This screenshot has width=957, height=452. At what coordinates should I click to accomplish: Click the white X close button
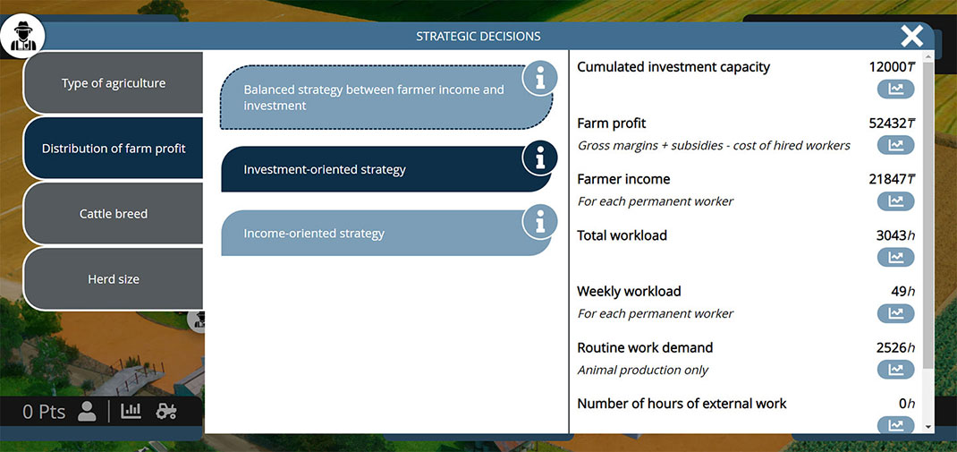click(912, 36)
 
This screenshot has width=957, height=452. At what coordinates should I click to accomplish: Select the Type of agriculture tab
click(114, 83)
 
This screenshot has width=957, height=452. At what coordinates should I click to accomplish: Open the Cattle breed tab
click(114, 214)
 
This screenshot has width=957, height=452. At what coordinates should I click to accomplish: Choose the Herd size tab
click(114, 279)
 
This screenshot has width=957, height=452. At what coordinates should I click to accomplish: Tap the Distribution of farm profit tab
click(114, 149)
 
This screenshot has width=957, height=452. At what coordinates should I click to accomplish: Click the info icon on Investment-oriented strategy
click(539, 158)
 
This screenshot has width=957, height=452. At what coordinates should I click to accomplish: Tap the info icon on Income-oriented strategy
click(539, 222)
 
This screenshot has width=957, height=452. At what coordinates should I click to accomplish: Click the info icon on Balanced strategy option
click(539, 78)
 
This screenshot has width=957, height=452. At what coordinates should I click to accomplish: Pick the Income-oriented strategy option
click(385, 234)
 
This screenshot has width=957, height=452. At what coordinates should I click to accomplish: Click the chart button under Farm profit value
click(895, 145)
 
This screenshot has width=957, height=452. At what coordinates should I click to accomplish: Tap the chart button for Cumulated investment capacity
click(895, 90)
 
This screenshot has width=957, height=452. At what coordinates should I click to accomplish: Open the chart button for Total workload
click(895, 257)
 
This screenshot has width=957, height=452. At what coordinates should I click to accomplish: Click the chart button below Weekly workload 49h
click(895, 313)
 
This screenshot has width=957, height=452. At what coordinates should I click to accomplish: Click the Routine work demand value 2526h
click(895, 347)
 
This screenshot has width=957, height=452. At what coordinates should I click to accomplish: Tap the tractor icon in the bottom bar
click(166, 411)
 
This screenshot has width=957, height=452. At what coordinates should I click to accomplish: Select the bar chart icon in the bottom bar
click(131, 411)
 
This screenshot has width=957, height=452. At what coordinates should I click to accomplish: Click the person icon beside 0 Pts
click(88, 412)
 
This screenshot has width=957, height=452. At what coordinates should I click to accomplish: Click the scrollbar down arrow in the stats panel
click(928, 427)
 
